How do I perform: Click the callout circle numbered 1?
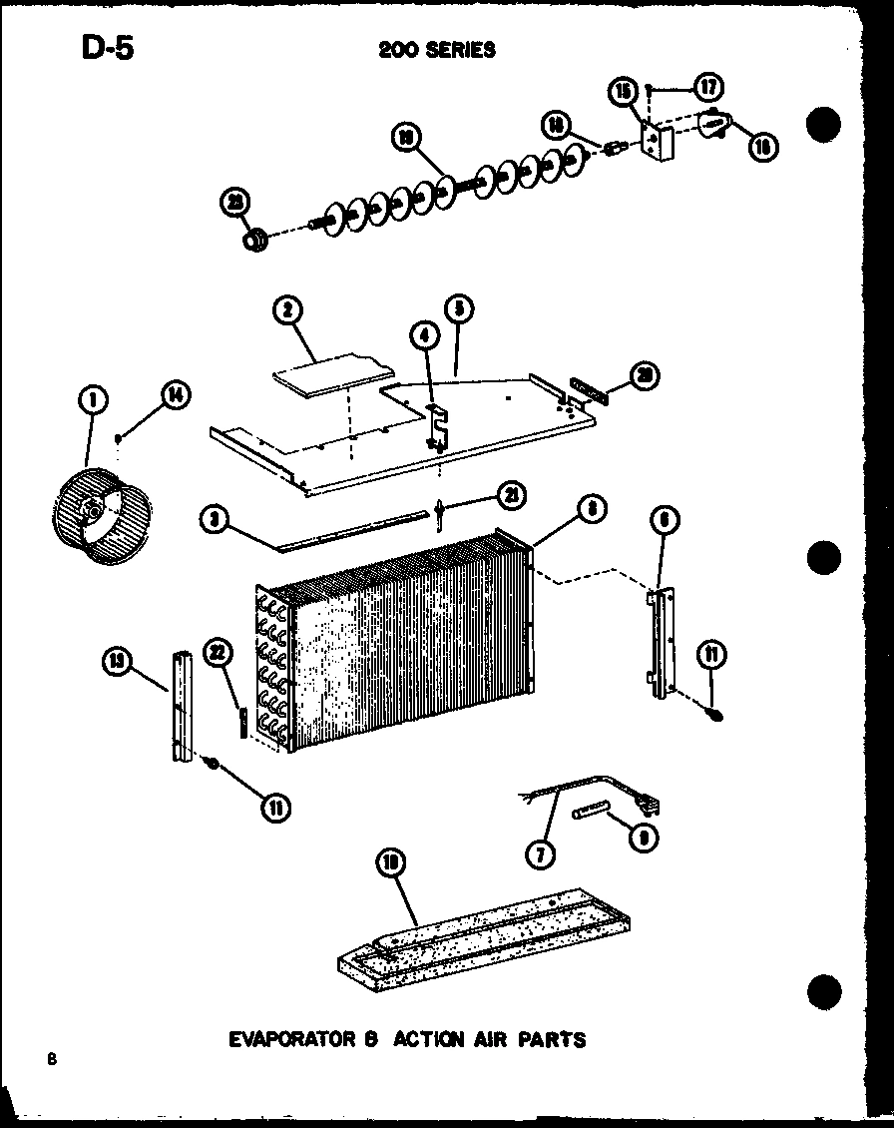coord(93,402)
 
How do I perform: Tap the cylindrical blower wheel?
coord(100,513)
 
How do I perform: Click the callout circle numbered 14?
coord(175,394)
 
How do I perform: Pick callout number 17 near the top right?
coord(708,88)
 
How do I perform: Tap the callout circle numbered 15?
coord(624,93)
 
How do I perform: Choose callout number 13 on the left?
coord(118,660)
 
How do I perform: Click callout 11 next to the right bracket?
coord(712,656)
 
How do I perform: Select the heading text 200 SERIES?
coord(436,49)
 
